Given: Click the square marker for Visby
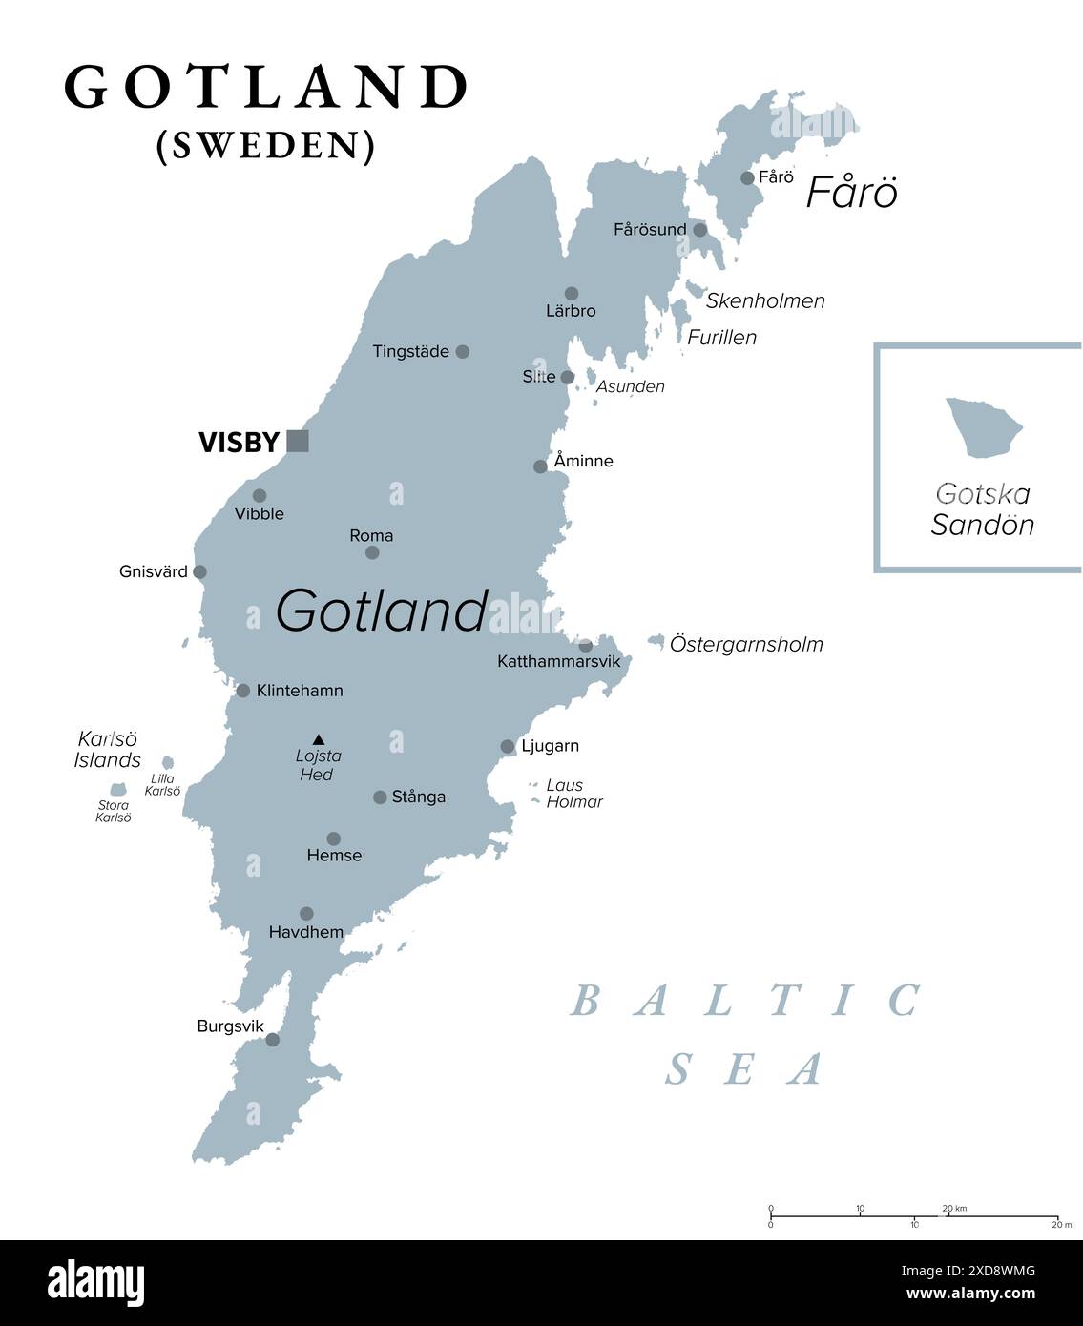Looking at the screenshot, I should pos(298,441).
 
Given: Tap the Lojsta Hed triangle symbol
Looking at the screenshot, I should pos(319,738).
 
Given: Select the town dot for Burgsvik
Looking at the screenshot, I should pos(272,1039).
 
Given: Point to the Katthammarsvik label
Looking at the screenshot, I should pos(558,661).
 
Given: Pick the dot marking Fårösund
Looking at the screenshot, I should pos(699,230).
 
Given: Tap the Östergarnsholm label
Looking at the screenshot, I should pos(746,644).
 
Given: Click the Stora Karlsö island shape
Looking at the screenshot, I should pos(117,790).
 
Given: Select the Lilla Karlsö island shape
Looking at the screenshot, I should pos(168,762).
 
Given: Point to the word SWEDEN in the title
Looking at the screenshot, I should pos(266,145).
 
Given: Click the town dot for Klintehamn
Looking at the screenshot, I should pos(243,691).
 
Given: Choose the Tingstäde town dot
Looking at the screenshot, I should pos(462,352).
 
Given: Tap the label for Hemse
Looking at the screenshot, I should pos(334,856).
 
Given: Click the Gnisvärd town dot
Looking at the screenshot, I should pos(199,572).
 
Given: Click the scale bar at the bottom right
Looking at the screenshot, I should pos(913,1216).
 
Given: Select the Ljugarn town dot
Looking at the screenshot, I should pos(508,747).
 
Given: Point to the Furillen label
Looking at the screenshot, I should pos(722,337).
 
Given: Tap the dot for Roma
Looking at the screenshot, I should pos(372,552).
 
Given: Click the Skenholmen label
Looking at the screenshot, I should pos(765,300).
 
